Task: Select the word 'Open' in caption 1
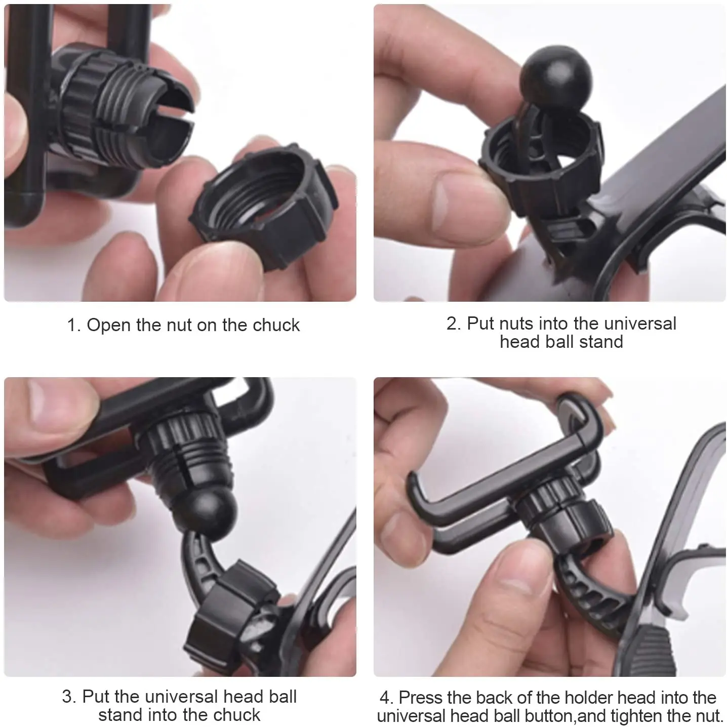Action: click(x=109, y=325)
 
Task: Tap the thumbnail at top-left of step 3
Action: click(x=60, y=402)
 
